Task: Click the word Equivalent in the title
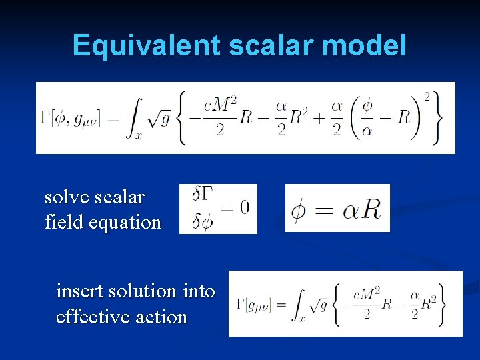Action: pyautogui.click(x=146, y=45)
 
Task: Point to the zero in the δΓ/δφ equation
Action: pyautogui.click(x=245, y=208)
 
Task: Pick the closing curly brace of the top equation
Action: pyautogui.click(x=437, y=117)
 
